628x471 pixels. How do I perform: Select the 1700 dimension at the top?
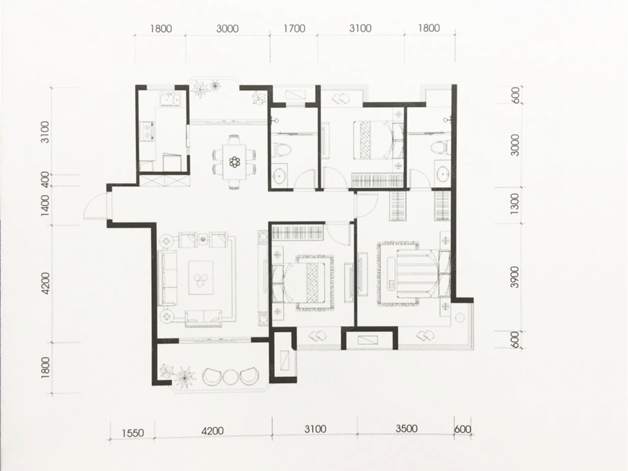tap(295, 29)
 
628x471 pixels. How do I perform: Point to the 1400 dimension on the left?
tap(45, 206)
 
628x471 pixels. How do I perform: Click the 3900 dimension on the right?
tap(515, 277)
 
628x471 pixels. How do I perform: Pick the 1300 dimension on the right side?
tap(515, 204)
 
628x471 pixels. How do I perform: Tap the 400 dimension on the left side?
tap(45, 180)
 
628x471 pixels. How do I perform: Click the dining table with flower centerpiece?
tap(234, 162)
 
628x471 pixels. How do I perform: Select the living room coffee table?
tap(201, 277)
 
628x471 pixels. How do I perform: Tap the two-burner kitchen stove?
tap(148, 131)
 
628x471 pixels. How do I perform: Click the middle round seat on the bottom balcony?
tap(231, 378)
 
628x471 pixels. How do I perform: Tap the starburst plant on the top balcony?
tap(215, 85)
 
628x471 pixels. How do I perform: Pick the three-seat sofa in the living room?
tap(168, 277)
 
